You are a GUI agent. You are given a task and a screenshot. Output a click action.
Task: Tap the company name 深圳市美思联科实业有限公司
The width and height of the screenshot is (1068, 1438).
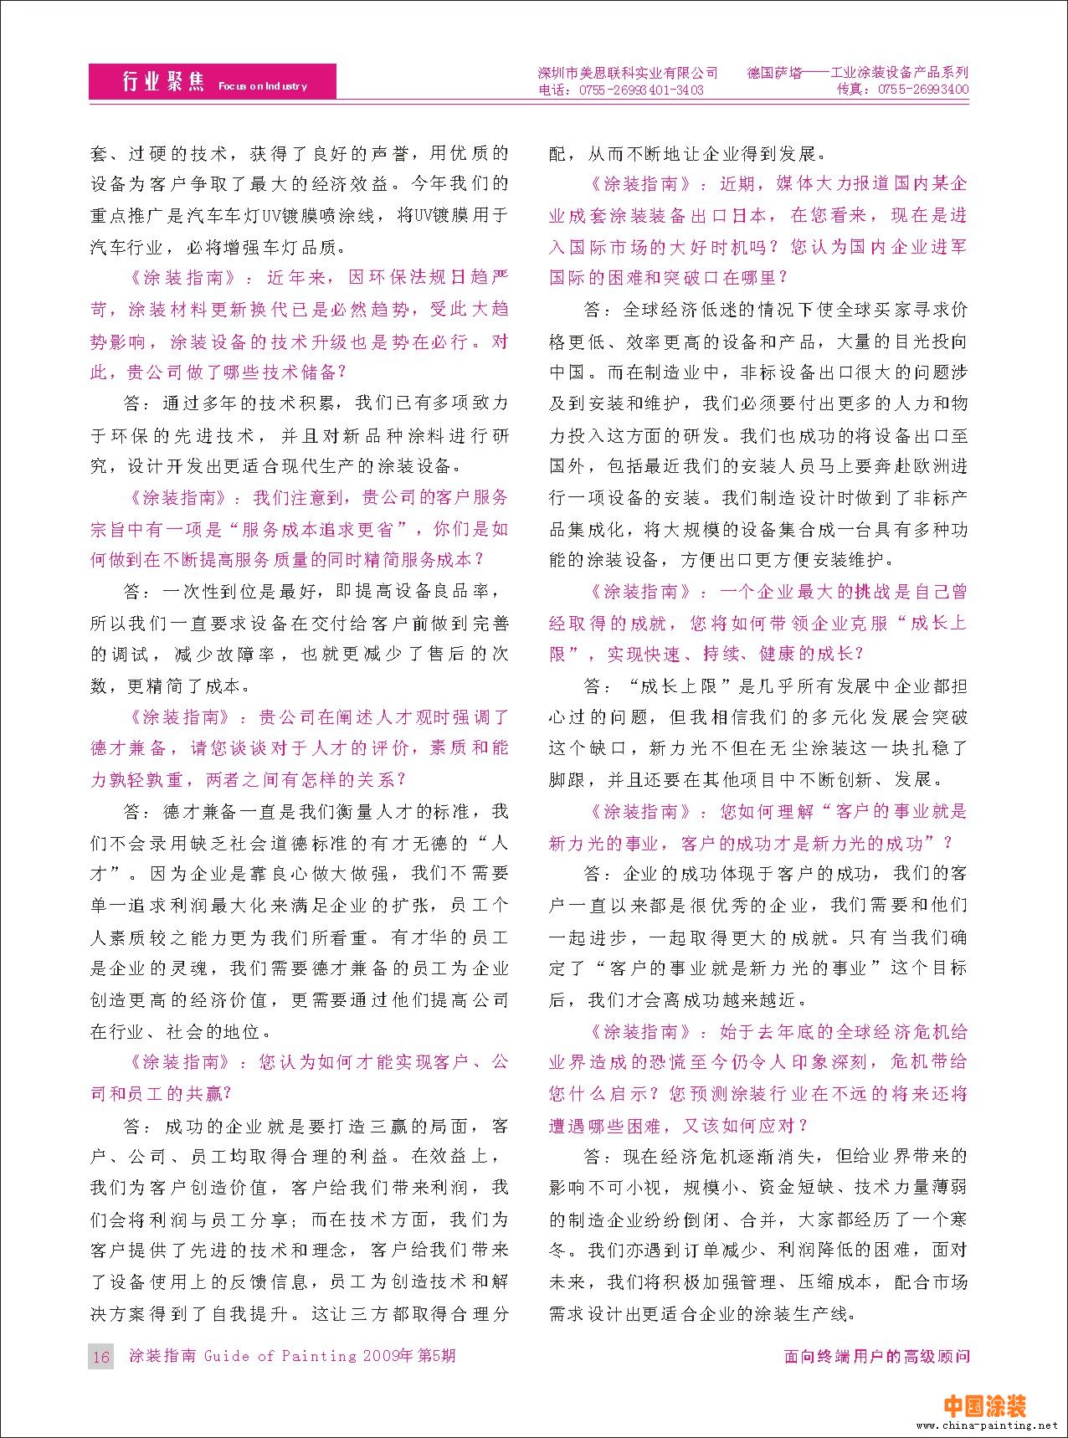click(x=627, y=73)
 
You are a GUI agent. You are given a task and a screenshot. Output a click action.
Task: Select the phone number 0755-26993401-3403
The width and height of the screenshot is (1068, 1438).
click(x=640, y=90)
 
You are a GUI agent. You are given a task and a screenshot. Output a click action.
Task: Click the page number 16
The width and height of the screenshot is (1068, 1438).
click(x=101, y=1357)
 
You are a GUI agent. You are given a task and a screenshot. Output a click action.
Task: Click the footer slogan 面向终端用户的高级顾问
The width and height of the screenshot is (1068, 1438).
click(x=876, y=1356)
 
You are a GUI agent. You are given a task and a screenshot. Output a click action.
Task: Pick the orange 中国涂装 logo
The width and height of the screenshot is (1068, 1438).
click(x=984, y=1405)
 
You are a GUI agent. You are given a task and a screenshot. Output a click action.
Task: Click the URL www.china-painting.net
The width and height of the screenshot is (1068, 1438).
click(x=987, y=1425)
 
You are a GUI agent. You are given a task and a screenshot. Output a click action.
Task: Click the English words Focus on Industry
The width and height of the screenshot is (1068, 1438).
click(x=262, y=86)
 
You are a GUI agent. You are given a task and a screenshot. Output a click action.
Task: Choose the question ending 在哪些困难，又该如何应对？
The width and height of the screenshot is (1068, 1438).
click(x=679, y=1126)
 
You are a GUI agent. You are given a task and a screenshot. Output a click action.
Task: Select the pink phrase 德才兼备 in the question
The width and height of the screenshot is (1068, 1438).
click(x=129, y=748)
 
